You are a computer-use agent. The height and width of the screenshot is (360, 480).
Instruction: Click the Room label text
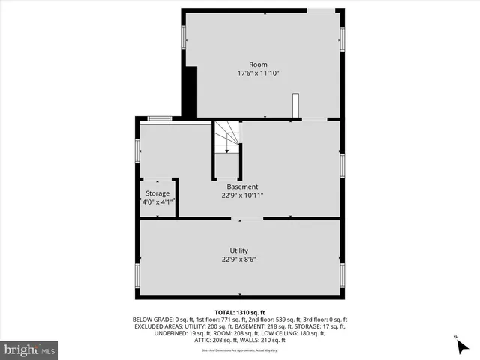click(x=258, y=64)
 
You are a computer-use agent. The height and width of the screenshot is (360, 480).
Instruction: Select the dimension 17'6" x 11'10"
click(x=258, y=73)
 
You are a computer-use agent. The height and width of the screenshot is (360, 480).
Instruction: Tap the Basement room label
click(x=242, y=187)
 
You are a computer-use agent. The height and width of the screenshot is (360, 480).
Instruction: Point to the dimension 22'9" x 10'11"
click(x=242, y=196)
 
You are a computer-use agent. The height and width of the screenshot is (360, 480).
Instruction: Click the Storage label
click(x=157, y=193)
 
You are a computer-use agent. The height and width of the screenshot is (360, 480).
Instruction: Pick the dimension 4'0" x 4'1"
click(x=157, y=202)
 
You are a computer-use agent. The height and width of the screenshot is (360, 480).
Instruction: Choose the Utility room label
click(x=239, y=250)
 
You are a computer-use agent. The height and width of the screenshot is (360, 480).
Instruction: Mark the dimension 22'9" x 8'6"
click(x=239, y=259)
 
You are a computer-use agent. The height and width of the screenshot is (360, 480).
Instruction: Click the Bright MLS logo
click(x=29, y=349)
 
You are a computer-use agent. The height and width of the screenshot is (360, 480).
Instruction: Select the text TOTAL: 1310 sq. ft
click(x=239, y=311)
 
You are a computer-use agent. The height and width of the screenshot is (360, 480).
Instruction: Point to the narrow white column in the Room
click(x=295, y=105)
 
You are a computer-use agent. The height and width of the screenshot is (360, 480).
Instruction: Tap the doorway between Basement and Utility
click(x=246, y=219)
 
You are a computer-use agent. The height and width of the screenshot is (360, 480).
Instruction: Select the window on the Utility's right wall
click(x=343, y=275)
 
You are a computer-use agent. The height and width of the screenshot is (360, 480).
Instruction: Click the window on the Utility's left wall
click(x=136, y=275)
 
